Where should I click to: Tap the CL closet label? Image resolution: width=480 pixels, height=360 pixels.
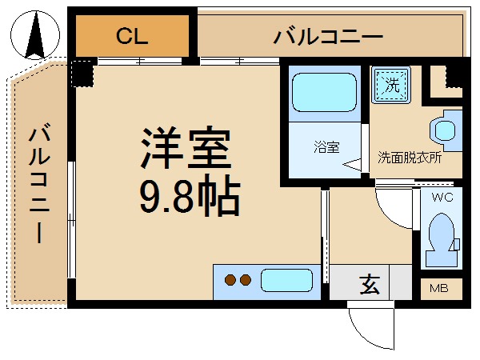[133, 36]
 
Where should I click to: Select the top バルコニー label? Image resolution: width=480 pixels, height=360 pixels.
[328, 36]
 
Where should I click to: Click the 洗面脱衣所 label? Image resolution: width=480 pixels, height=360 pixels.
[409, 158]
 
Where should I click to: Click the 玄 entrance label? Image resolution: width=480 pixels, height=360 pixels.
[369, 283]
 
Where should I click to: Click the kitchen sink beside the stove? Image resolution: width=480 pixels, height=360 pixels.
[286, 281]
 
